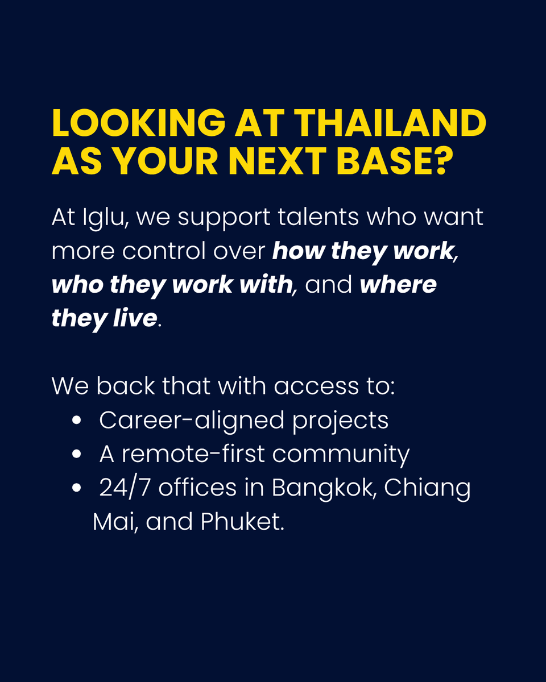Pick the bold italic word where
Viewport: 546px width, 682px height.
[398, 285]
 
